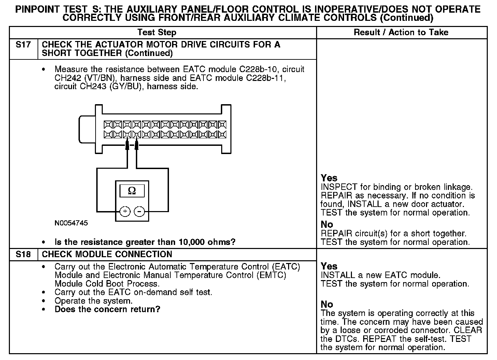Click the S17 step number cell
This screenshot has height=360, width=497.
coord(23,45)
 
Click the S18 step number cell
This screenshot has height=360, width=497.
coord(23,254)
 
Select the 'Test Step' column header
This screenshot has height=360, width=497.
coord(157,32)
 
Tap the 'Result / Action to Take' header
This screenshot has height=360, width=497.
coord(401,32)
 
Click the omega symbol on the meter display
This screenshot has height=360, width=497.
coord(132,191)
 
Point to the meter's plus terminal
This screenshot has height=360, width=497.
coord(125,211)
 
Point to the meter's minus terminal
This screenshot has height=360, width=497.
coord(139,211)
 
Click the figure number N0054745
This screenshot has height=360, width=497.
coord(71,223)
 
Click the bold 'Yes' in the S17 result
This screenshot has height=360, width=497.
coord(329,178)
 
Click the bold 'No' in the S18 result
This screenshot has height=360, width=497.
coord(327,304)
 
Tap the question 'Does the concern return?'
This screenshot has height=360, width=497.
coord(107,309)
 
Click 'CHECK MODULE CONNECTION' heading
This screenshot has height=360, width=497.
coord(107,254)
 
